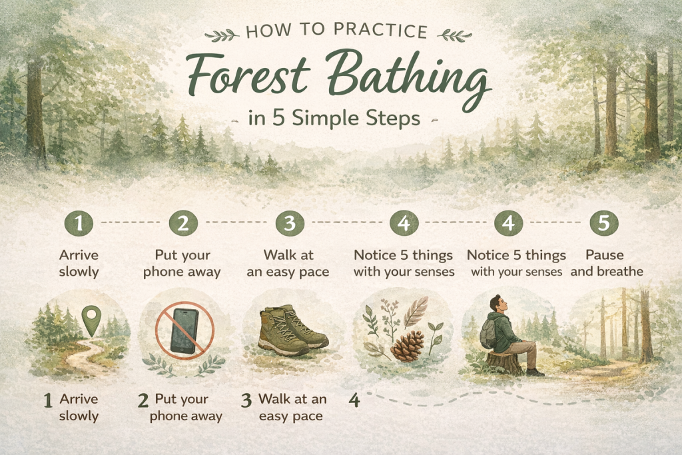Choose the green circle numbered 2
[x=183, y=225]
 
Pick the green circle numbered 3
[x=289, y=225]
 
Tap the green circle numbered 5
[x=603, y=225]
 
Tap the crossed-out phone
[x=184, y=331]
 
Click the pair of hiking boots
[x=292, y=330]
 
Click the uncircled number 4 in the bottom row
[x=354, y=401]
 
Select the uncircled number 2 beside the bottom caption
[x=142, y=401]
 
